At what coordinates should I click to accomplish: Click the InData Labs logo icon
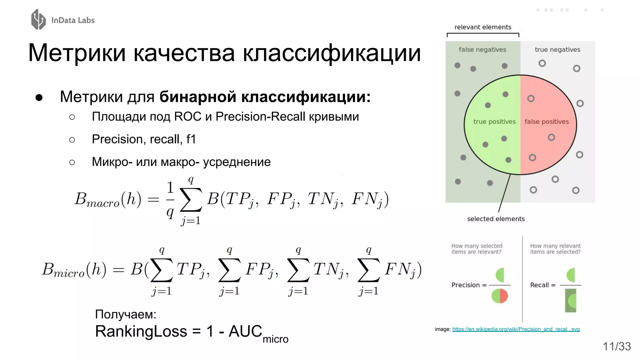click(x=38, y=19)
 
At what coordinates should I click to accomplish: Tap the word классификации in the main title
click(x=332, y=53)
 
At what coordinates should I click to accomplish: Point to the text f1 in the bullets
click(x=191, y=139)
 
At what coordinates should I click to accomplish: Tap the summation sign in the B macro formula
click(x=191, y=200)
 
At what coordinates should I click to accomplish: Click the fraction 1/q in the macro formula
click(x=170, y=200)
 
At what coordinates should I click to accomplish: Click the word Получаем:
click(x=126, y=314)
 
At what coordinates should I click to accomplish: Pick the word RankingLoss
click(x=141, y=331)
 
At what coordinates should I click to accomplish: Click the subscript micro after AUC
click(x=275, y=339)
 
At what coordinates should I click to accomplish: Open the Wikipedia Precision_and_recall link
click(x=516, y=329)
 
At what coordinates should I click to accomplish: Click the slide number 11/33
click(x=617, y=346)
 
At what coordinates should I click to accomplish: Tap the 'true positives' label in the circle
click(x=494, y=122)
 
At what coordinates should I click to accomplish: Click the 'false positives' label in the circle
click(x=547, y=122)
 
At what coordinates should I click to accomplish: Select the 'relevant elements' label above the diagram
click(x=483, y=27)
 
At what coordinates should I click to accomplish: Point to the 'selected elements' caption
click(x=496, y=219)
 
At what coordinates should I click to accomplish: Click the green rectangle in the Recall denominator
click(x=570, y=301)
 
